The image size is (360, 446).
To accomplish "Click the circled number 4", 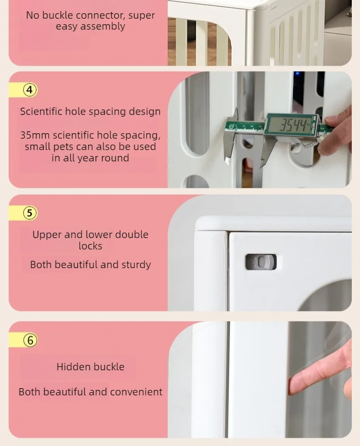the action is click(30, 90).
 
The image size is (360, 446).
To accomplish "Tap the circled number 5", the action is click(30, 213).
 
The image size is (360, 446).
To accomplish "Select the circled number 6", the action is click(30, 340).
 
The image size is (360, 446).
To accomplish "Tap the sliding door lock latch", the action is click(261, 262).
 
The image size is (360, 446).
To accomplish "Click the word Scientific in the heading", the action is click(41, 111).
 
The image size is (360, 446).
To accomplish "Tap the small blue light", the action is click(298, 73).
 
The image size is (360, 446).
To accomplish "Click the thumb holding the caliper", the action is click(333, 120).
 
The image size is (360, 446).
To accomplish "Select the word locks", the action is click(90, 246).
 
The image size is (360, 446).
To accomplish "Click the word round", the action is click(115, 158).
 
